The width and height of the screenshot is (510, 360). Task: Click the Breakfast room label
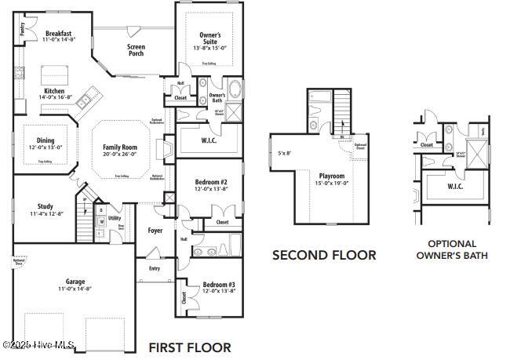pyautogui.click(x=59, y=34)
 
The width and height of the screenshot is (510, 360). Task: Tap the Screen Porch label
pyautogui.click(x=136, y=50)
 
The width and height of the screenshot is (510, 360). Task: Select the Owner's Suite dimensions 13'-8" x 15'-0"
pyautogui.click(x=209, y=48)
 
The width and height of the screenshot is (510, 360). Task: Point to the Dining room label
pyautogui.click(x=45, y=140)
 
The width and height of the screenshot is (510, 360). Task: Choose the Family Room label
pyautogui.click(x=120, y=147)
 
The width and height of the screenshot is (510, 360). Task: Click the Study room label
pyautogui.click(x=45, y=206)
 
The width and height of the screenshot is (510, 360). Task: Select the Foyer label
pyautogui.click(x=155, y=231)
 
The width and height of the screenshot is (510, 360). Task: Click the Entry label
pyautogui.click(x=154, y=268)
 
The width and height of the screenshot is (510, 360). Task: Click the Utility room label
pyautogui.click(x=115, y=218)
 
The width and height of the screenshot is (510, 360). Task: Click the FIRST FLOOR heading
pyautogui.click(x=190, y=347)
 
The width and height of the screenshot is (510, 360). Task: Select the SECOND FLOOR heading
pyautogui.click(x=324, y=255)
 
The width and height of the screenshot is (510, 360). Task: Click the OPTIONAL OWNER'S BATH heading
pyautogui.click(x=451, y=249)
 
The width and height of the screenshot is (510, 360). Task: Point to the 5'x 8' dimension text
pyautogui.click(x=284, y=153)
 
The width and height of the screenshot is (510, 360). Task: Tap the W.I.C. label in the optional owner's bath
pyautogui.click(x=456, y=187)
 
